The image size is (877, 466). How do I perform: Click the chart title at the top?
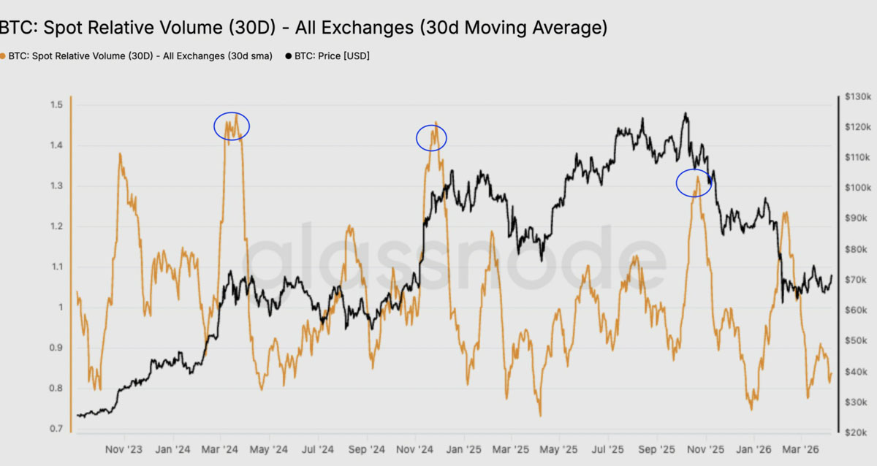303,28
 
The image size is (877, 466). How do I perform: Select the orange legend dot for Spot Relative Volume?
2,56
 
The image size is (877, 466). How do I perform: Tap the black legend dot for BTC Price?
289,56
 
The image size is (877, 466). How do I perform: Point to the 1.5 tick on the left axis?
56,104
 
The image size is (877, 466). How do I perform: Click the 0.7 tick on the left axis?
56,429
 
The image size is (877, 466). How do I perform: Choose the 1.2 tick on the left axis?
56,226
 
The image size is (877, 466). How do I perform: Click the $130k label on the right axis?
858,96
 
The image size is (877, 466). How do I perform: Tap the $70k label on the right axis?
856,280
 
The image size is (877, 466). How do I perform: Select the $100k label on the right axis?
858,188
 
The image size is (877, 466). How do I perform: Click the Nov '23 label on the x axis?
124,449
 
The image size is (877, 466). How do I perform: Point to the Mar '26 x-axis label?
800,449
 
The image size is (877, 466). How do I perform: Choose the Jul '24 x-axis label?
317,449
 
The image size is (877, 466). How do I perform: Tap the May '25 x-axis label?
558,449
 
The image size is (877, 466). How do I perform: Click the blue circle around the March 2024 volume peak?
214,126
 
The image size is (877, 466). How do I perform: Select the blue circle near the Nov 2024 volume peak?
416,138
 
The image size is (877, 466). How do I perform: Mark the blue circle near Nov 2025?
677,183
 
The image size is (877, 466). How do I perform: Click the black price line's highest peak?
686,113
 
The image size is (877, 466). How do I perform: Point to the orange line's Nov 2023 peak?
120,154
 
